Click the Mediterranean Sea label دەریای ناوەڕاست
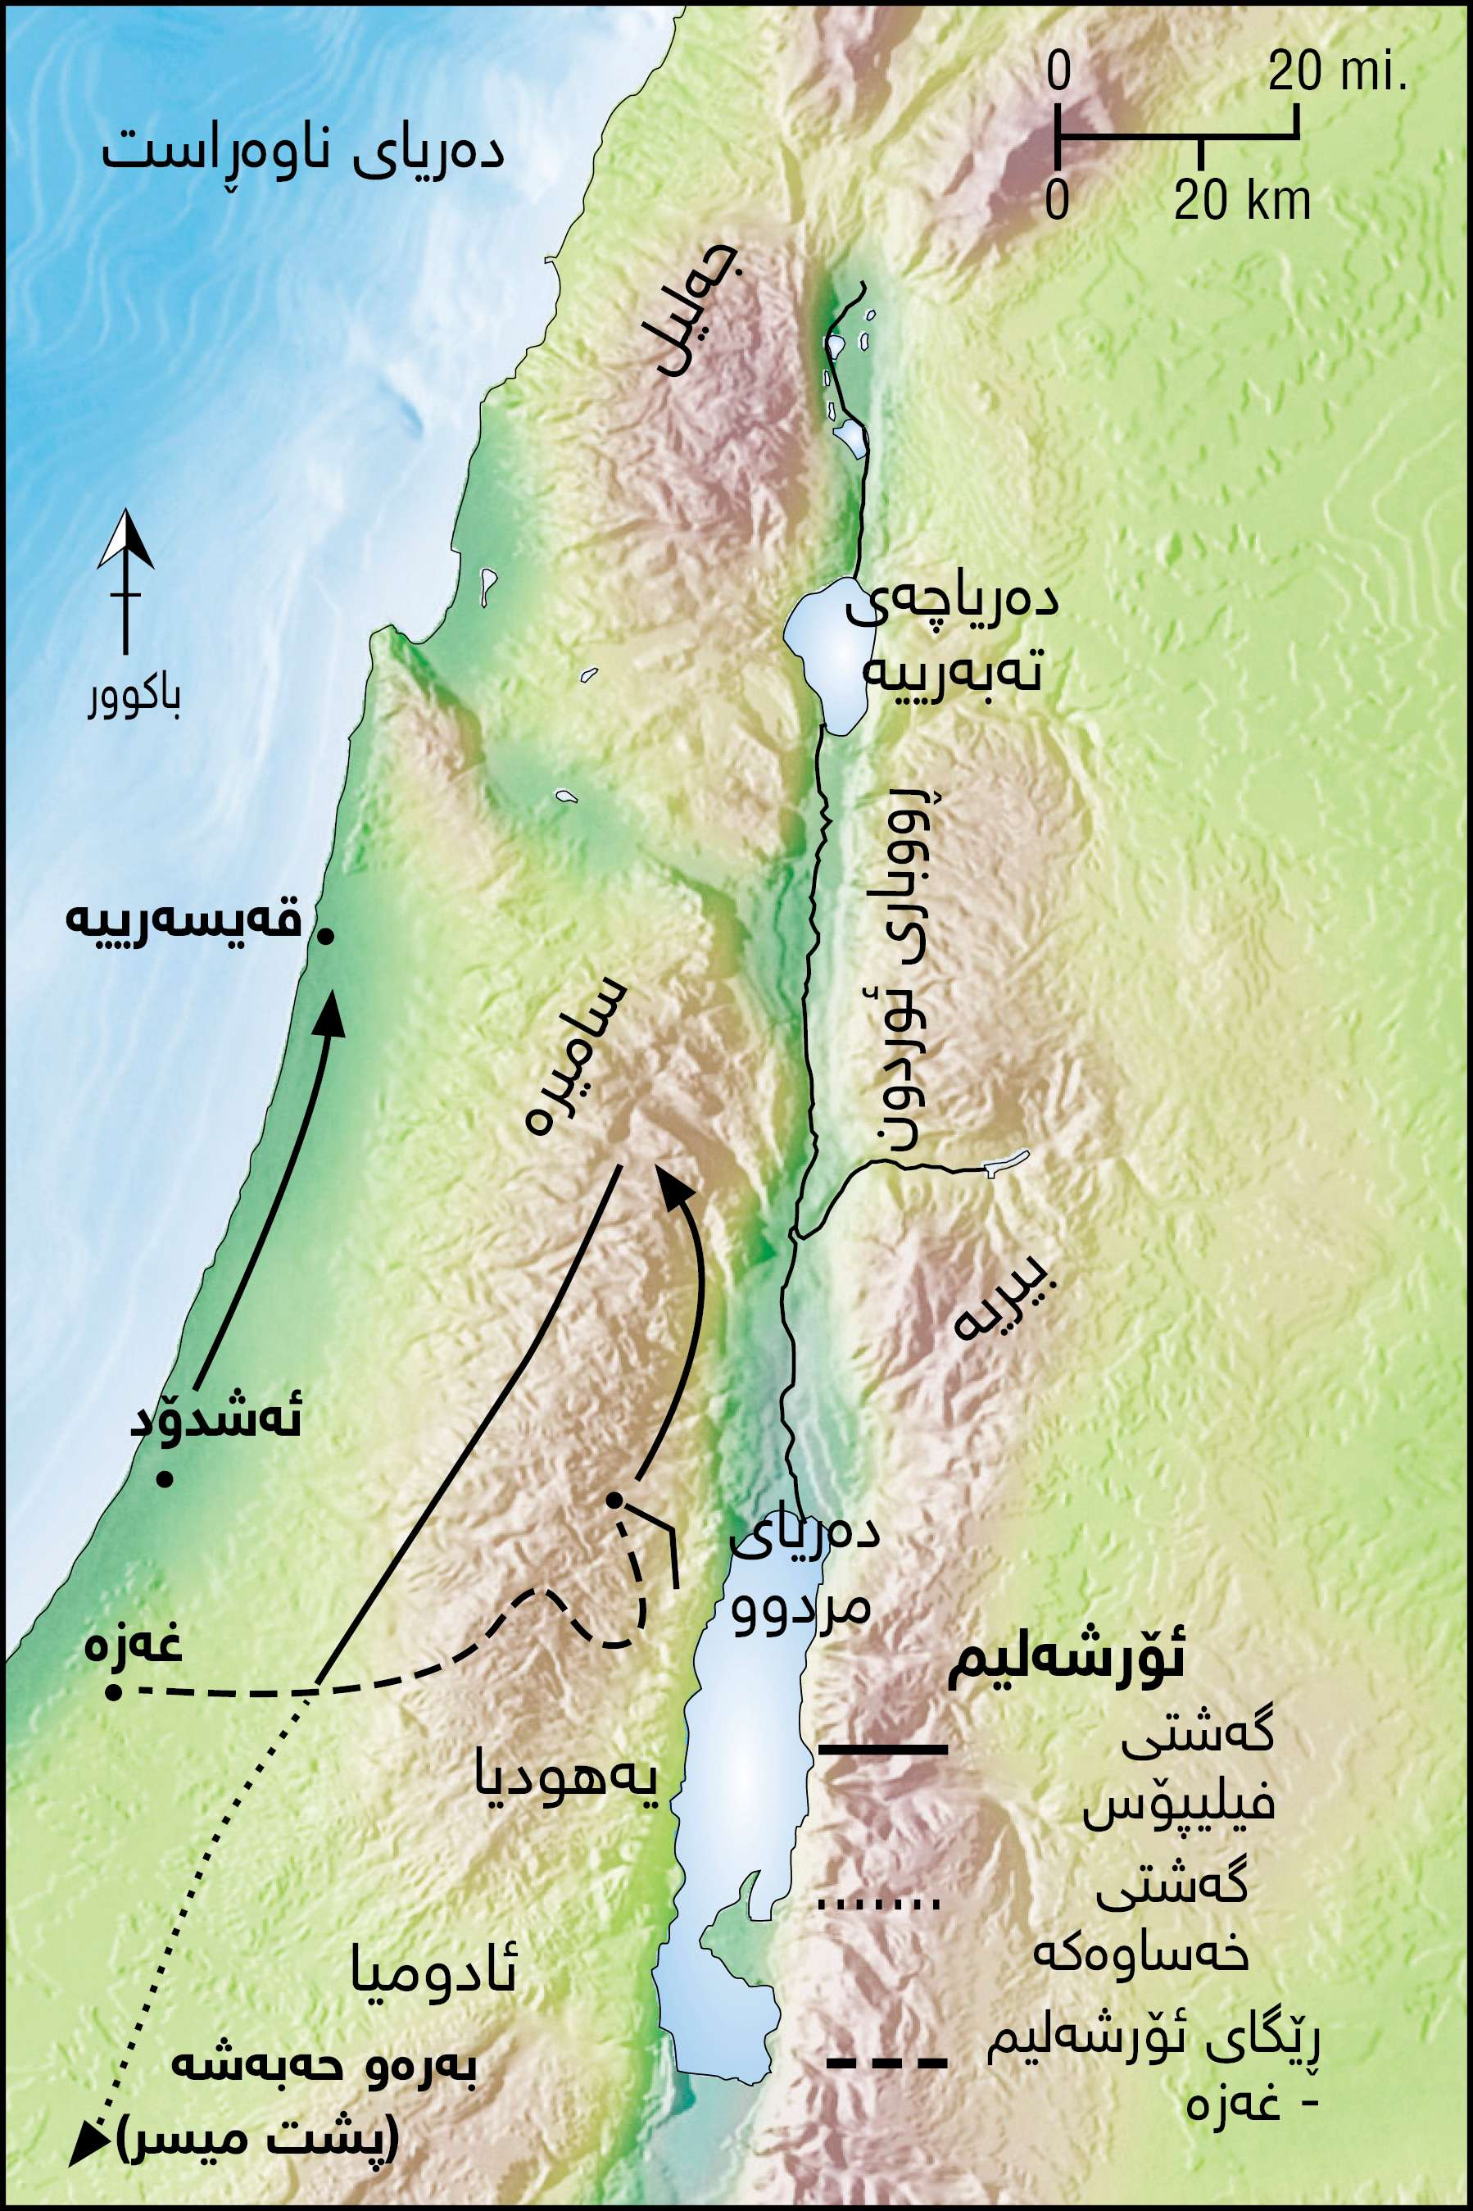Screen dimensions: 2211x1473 (x=302, y=153)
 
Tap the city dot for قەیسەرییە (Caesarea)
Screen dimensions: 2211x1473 (x=326, y=936)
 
